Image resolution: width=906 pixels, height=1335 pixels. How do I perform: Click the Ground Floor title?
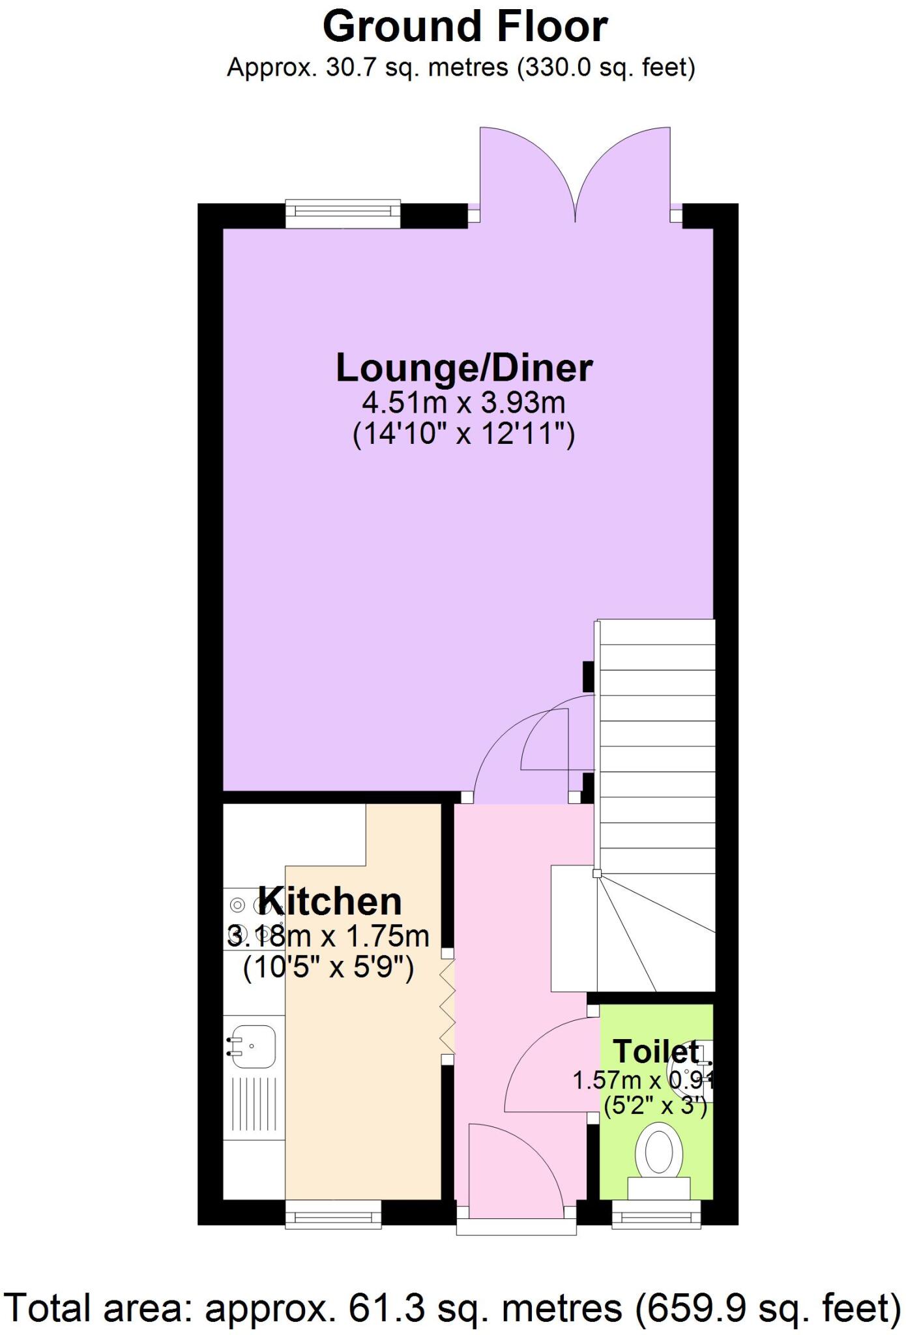point(465,27)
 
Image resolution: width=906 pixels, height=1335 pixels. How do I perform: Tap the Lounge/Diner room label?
point(463,368)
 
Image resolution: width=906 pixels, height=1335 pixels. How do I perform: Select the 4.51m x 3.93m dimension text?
point(463,403)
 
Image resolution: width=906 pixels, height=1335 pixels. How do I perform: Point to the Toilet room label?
point(656,1051)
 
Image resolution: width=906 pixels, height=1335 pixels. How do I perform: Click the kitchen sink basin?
point(254,1046)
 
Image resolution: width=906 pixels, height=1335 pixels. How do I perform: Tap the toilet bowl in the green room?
point(659,1152)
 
